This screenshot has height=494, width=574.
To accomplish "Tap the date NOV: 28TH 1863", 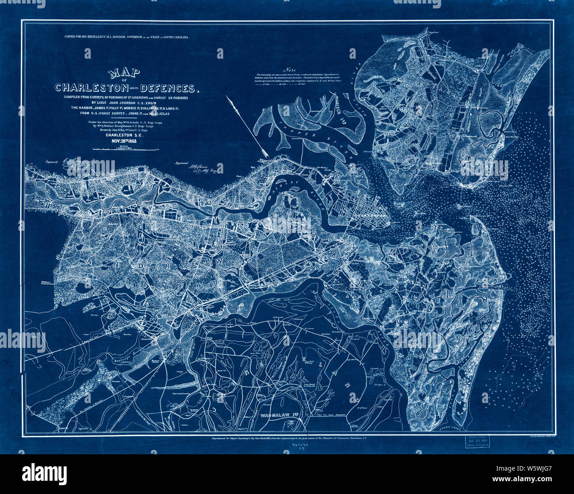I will click(x=126, y=142).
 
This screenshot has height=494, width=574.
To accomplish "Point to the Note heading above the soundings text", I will click(x=290, y=70).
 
